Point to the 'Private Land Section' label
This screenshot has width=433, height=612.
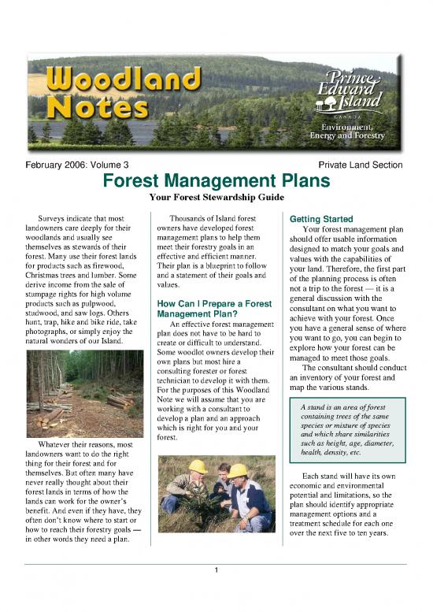360,165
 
